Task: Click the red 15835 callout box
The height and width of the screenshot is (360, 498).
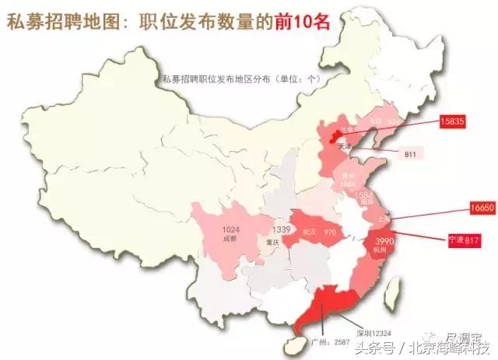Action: [x=453, y=121]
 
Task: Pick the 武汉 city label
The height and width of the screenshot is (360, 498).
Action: [x=309, y=232]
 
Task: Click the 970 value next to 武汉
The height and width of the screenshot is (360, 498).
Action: [x=330, y=232]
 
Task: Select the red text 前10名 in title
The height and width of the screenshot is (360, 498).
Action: [x=303, y=23]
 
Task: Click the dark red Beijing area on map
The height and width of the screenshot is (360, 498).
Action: [x=336, y=138]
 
